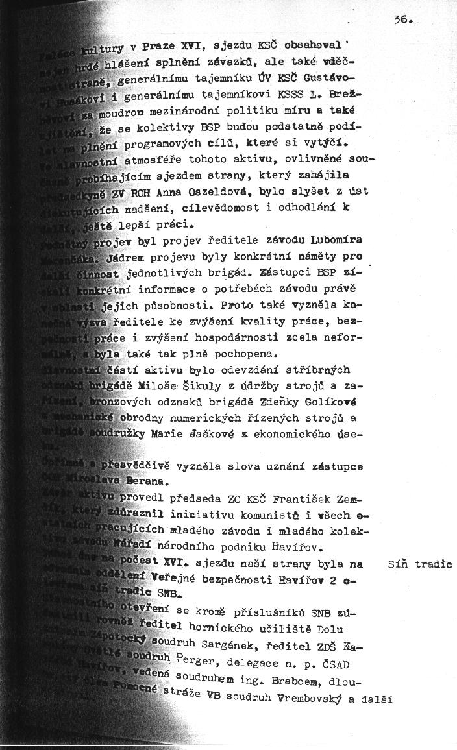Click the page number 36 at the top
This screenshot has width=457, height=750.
pos(400,20)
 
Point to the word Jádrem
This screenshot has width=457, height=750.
pos(137,258)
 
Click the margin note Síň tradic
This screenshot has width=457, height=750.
pos(419,564)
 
